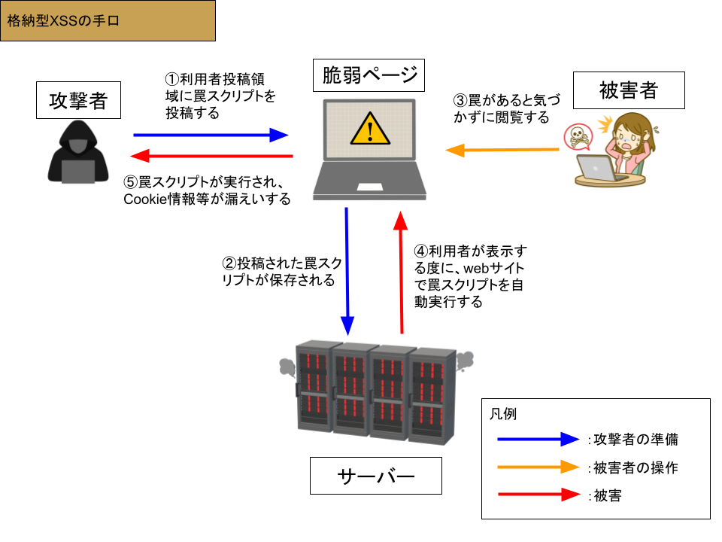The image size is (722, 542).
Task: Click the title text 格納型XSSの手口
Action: (63, 21)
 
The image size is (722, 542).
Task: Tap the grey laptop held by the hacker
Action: (78, 172)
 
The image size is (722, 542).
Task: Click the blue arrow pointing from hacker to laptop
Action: (211, 135)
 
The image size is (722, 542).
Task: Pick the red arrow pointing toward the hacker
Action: (211, 156)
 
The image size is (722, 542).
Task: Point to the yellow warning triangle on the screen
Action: (370, 129)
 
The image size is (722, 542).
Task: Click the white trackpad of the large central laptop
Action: (369, 187)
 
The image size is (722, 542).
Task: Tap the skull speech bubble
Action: (578, 137)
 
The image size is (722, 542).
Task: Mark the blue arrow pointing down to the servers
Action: (347, 271)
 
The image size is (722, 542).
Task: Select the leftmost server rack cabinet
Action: (314, 385)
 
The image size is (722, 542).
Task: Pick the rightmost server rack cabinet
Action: (433, 395)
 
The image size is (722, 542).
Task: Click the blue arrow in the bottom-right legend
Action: (538, 439)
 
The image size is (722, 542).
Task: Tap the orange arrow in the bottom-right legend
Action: (538, 467)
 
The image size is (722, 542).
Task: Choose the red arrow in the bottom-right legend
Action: (538, 495)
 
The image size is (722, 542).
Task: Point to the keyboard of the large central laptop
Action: (369, 171)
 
